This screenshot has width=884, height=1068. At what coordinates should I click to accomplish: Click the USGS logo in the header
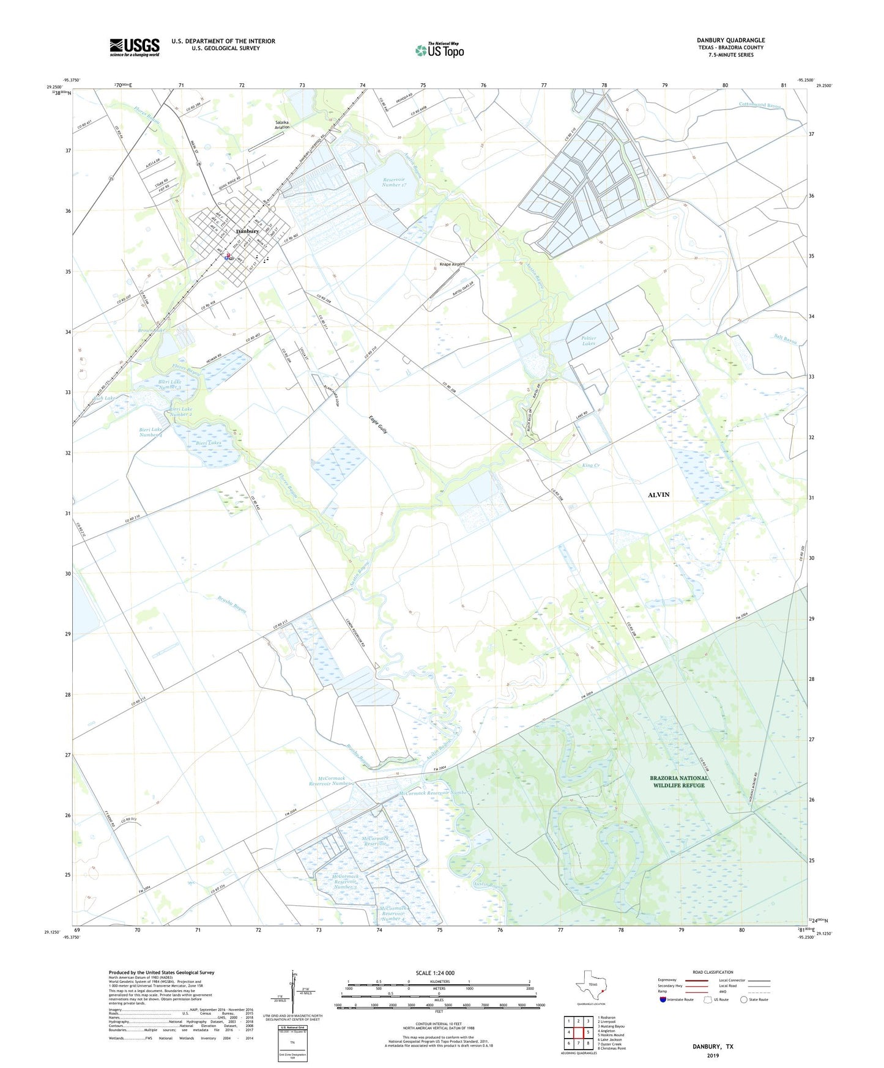coord(135,47)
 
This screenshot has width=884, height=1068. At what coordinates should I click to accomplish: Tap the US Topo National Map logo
coord(439,50)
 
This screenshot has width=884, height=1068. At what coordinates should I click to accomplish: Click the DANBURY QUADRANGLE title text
coord(730,40)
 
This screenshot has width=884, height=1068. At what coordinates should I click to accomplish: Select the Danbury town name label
coord(248,231)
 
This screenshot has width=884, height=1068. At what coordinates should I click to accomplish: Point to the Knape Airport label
coord(452,264)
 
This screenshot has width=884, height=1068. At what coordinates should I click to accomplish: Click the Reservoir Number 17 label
coord(395,182)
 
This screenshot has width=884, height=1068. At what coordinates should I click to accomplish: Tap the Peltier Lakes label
coord(589,341)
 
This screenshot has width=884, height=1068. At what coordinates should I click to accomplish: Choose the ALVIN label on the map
coord(658,494)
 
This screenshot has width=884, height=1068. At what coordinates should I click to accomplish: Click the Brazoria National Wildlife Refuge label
coord(679,782)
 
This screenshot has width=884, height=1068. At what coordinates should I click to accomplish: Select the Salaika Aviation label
coord(282,125)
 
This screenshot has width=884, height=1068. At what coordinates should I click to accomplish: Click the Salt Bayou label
coord(785,339)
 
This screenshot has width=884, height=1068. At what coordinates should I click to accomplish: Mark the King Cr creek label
coord(590,466)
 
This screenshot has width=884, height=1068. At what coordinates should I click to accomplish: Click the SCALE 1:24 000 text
coord(435,973)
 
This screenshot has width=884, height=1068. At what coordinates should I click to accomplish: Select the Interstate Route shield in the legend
coord(663,999)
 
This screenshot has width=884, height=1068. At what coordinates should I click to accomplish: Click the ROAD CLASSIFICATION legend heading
coord(713,972)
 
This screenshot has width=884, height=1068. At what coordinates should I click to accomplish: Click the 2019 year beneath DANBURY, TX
coord(713,1056)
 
